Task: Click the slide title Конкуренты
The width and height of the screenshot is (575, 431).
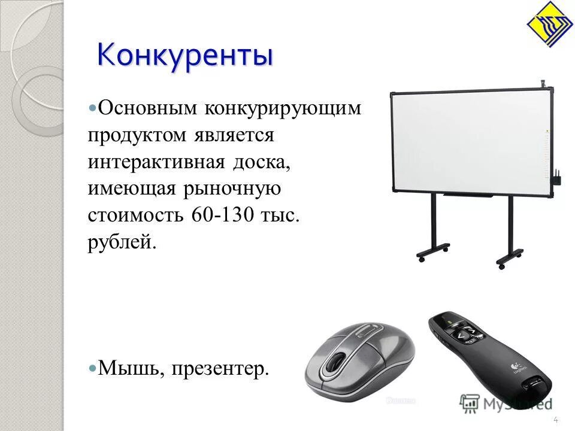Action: (185, 55)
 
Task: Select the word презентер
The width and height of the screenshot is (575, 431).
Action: (220, 369)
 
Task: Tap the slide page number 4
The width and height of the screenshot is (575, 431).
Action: (555, 418)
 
